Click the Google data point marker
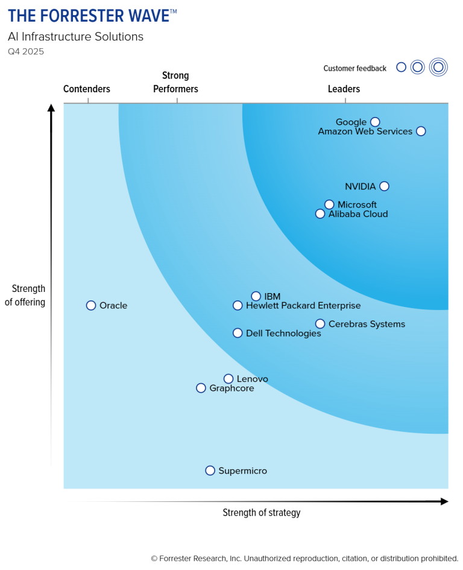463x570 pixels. (x=375, y=122)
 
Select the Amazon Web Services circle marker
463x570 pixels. (x=421, y=131)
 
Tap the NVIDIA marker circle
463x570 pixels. (x=384, y=186)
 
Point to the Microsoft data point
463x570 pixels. (x=329, y=204)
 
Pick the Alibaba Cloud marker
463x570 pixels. (x=320, y=214)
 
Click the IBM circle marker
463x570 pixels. (x=256, y=296)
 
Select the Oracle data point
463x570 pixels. (x=91, y=305)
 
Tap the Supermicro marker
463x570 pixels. (x=210, y=470)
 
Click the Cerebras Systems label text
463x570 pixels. (x=367, y=324)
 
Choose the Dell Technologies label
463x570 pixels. (x=283, y=333)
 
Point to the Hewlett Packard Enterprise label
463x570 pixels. (x=303, y=305)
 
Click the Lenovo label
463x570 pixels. (x=252, y=379)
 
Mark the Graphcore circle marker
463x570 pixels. (x=201, y=388)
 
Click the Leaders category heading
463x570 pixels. (x=344, y=89)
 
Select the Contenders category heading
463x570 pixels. (x=87, y=89)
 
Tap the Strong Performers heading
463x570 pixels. (x=175, y=83)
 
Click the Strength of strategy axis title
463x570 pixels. (x=261, y=513)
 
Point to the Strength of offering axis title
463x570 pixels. (x=25, y=296)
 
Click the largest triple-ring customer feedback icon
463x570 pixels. (x=438, y=67)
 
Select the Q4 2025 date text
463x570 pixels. (x=26, y=52)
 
